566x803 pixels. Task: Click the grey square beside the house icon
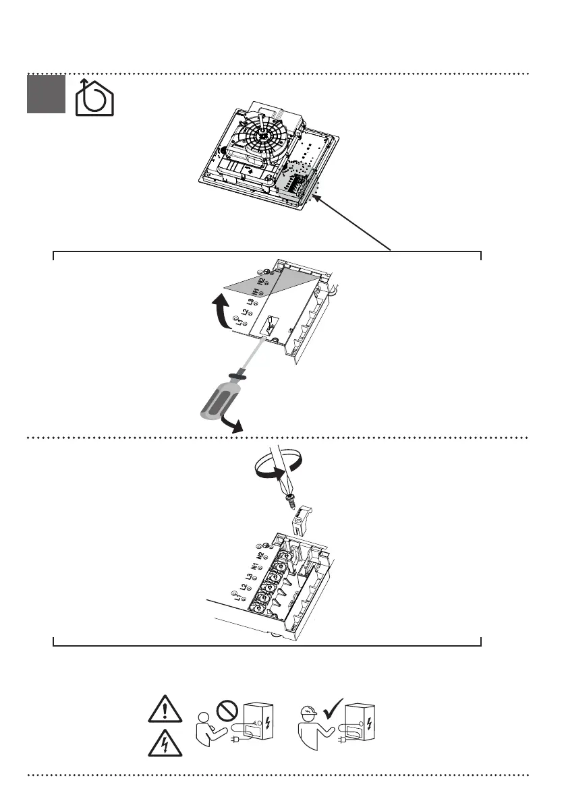(45, 94)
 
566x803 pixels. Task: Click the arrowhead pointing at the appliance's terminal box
(315, 198)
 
